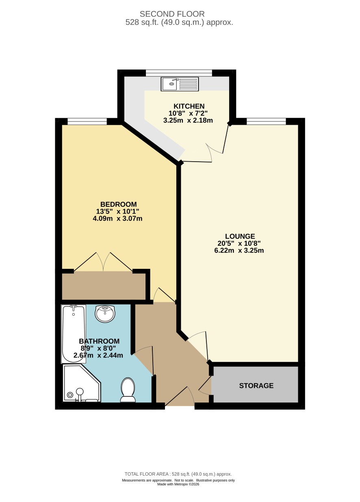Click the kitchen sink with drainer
tap(180, 84)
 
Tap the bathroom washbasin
tap(105, 314)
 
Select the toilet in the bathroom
tap(128, 390)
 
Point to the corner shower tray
tap(82, 383)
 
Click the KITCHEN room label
tap(189, 106)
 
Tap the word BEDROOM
tap(118, 204)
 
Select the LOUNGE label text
tap(240, 236)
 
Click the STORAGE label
tap(256, 385)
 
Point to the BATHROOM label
tap(99, 341)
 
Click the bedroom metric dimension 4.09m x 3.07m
tap(117, 218)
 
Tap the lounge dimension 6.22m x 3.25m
tap(239, 250)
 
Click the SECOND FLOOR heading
tap(172, 14)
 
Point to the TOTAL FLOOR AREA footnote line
tap(178, 474)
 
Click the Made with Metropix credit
tap(178, 484)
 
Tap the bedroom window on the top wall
tap(87, 121)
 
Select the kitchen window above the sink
tap(179, 73)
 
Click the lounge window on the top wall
tap(266, 121)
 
